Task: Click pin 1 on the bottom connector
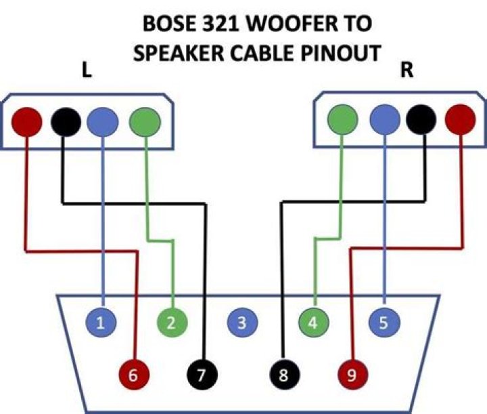[101, 323]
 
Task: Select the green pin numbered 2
[172, 323]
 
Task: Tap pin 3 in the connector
[242, 323]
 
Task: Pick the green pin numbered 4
[312, 323]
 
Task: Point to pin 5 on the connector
[384, 323]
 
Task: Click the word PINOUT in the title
[340, 54]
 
